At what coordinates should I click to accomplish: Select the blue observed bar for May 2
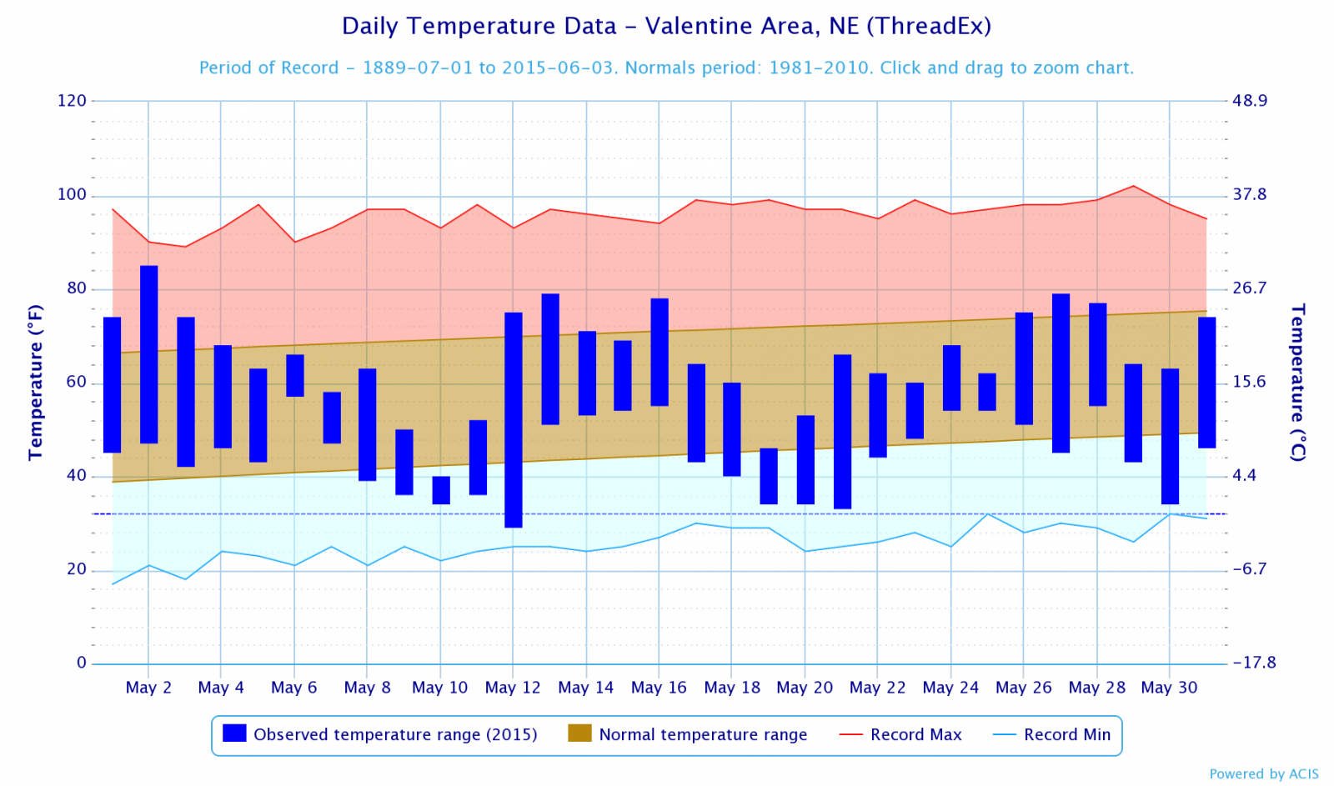click(149, 354)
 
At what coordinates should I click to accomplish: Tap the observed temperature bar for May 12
click(514, 419)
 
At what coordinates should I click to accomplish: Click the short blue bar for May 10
click(441, 490)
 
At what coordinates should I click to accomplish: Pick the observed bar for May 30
click(1170, 436)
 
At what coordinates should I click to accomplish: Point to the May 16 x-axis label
click(659, 688)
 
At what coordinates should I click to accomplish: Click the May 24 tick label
click(950, 688)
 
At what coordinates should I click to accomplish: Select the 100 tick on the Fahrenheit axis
click(72, 195)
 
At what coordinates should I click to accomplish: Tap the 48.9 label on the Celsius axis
click(1249, 101)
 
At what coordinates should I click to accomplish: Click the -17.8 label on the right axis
click(1254, 663)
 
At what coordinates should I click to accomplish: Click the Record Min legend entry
click(1052, 734)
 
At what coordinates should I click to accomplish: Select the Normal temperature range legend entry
click(688, 734)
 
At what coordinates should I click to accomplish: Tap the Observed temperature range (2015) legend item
click(381, 734)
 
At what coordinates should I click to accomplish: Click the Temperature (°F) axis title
click(35, 382)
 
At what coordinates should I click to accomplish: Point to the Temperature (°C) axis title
click(1297, 382)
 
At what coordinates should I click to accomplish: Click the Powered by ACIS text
click(1264, 773)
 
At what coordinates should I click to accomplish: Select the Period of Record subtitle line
click(666, 68)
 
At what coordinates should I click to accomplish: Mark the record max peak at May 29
click(1133, 186)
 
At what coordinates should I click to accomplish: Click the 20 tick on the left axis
click(77, 569)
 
